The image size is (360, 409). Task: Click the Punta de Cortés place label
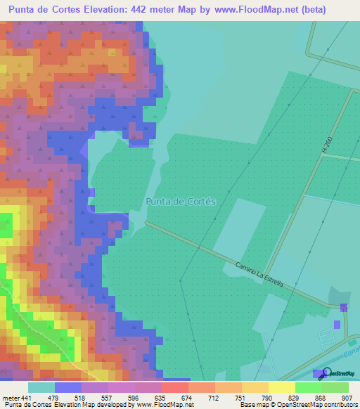point(180,201)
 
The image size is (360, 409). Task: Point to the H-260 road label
point(326,145)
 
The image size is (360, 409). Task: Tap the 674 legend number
point(188,397)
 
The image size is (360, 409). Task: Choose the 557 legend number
point(106,397)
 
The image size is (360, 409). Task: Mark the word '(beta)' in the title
point(314,10)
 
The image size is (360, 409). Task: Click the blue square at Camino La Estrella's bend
point(343,308)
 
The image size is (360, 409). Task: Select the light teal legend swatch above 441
point(41,387)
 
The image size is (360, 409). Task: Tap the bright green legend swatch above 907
point(335,387)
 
